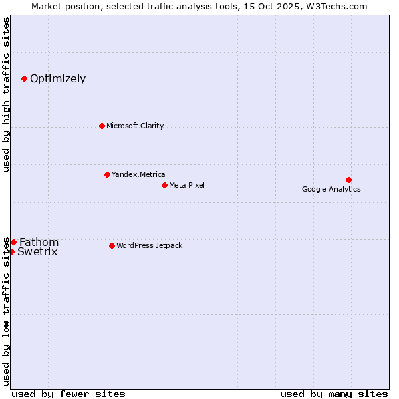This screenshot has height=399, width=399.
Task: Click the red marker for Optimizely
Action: (24, 78)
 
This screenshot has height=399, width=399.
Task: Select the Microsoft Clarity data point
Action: (102, 126)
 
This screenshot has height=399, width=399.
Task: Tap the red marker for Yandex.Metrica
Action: (107, 174)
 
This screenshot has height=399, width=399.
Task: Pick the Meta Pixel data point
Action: (164, 185)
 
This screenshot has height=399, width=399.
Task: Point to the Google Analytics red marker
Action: (348, 180)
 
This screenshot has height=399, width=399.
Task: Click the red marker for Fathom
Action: (13, 242)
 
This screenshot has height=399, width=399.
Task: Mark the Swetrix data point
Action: (11, 251)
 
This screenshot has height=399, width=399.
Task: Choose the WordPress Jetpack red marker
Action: (112, 245)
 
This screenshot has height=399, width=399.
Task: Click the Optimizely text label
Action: (58, 79)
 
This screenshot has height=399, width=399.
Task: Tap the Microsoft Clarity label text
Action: (135, 126)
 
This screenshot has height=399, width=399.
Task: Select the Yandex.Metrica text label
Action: (138, 174)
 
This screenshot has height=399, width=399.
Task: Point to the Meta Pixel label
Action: (187, 185)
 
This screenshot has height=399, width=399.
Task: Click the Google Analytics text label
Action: (331, 189)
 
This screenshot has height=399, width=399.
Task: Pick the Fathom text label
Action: (39, 242)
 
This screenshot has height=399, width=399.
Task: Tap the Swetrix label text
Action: (37, 251)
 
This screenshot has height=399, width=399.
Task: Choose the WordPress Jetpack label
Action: (150, 245)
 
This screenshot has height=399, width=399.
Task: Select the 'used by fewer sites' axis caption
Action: (68, 394)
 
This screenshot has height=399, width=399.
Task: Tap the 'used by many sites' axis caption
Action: (334, 394)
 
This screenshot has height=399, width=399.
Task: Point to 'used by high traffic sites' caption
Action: (6, 94)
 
